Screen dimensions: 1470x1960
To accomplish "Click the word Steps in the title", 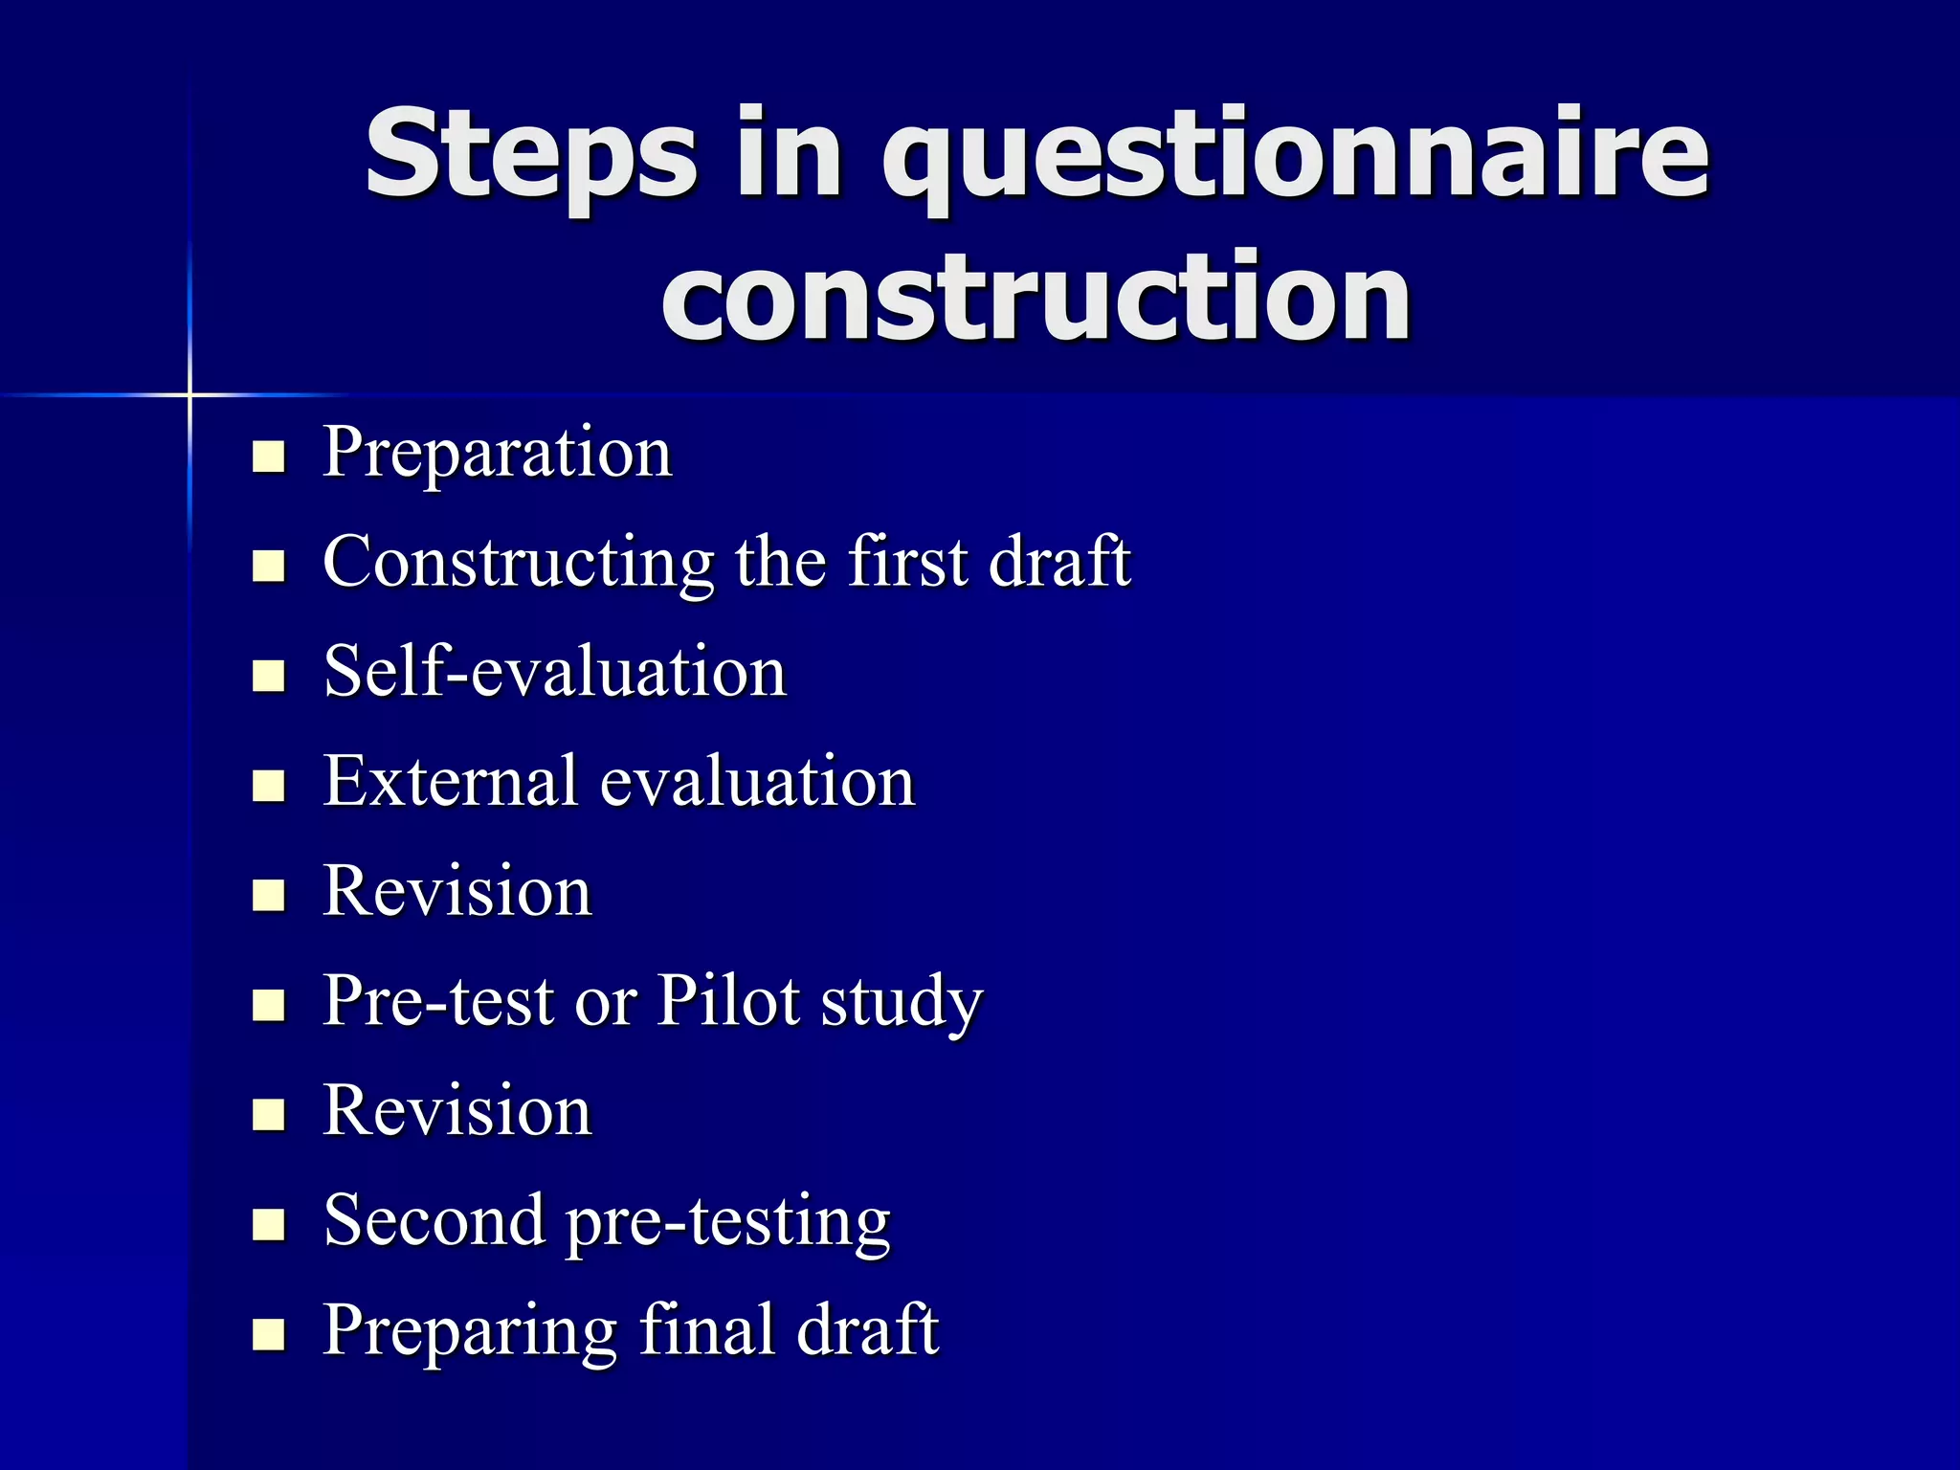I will click(x=530, y=153).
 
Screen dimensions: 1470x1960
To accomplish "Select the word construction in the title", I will click(x=1036, y=296).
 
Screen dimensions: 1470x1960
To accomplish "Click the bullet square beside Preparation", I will click(x=269, y=457).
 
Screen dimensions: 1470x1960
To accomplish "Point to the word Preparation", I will click(x=498, y=452).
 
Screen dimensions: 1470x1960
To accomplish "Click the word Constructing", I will click(x=518, y=562).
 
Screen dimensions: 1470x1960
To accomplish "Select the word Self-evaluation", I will click(x=555, y=671).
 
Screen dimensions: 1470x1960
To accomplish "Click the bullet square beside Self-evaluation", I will click(x=269, y=676).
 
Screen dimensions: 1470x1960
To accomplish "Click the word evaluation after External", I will click(x=758, y=781).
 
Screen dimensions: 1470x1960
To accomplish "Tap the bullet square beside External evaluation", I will click(x=269, y=786).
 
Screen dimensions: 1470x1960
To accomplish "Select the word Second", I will click(x=434, y=1220).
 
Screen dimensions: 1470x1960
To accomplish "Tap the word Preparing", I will click(x=469, y=1331).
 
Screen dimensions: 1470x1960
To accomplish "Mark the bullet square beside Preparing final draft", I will click(x=269, y=1334).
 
